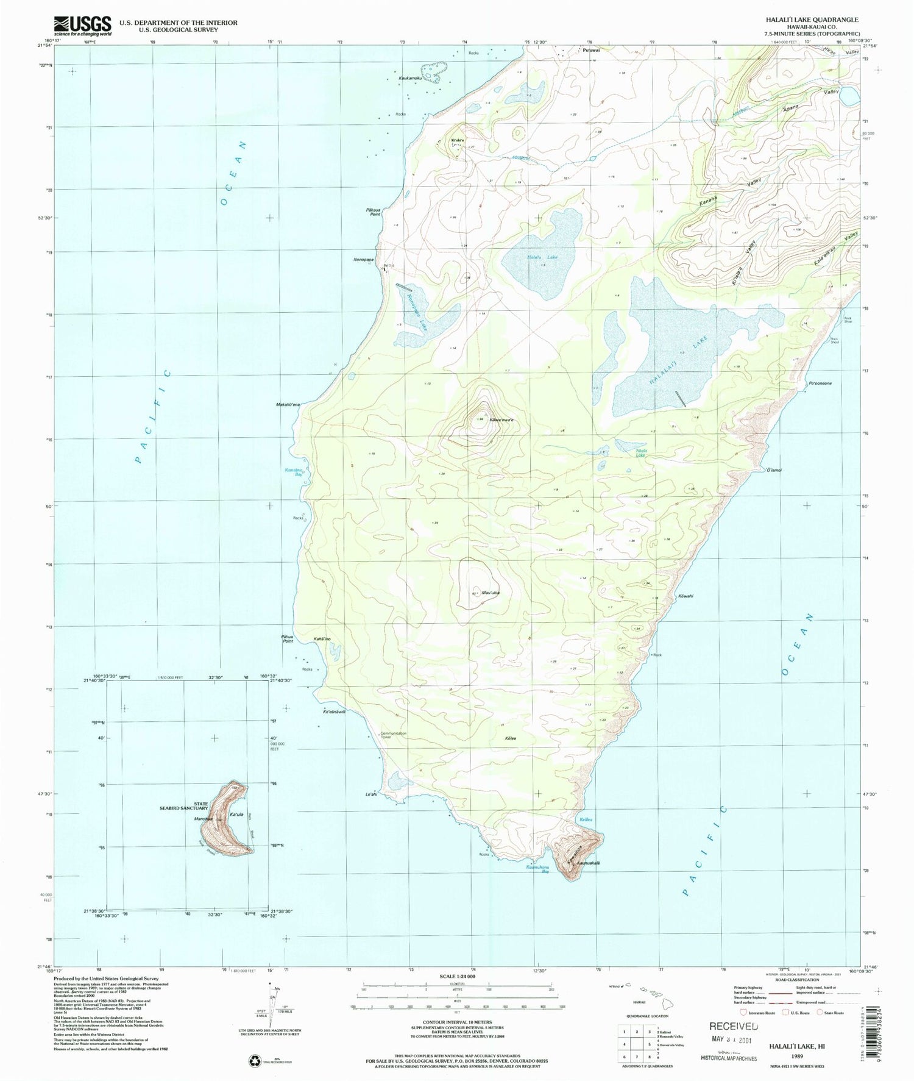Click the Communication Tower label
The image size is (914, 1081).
pyautogui.click(x=394, y=735)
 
